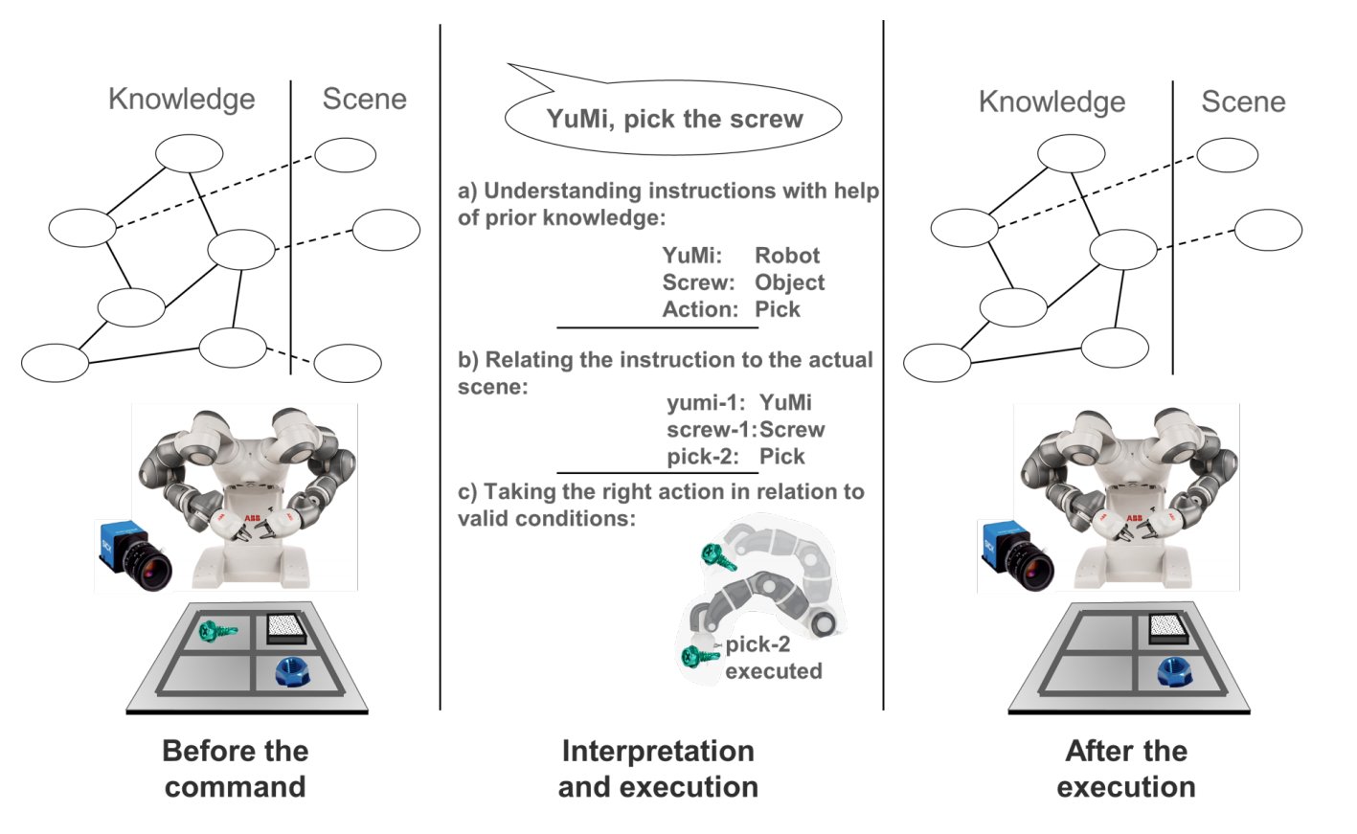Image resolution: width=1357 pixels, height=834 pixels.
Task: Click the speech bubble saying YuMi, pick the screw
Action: (673, 119)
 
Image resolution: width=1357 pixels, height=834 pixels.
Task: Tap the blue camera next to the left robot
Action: (134, 555)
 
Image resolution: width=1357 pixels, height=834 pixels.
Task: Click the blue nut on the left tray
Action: (292, 670)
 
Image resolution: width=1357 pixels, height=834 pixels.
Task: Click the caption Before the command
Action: (235, 768)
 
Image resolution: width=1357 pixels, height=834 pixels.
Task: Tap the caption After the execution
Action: (1126, 768)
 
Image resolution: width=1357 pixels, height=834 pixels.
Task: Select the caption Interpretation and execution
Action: (658, 768)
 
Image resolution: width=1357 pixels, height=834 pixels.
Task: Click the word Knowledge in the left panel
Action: (181, 99)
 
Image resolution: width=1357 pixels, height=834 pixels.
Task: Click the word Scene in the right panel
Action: (1243, 101)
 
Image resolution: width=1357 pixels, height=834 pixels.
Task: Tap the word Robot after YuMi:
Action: (787, 256)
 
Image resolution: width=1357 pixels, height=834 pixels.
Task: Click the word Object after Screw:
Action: (789, 282)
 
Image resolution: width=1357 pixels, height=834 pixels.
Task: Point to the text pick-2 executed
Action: (772, 658)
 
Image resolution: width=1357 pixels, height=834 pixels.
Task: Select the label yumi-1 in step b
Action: (705, 403)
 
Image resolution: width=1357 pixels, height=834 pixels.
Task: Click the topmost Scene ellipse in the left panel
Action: (345, 155)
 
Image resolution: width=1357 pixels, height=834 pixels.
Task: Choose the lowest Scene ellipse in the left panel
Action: (348, 363)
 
